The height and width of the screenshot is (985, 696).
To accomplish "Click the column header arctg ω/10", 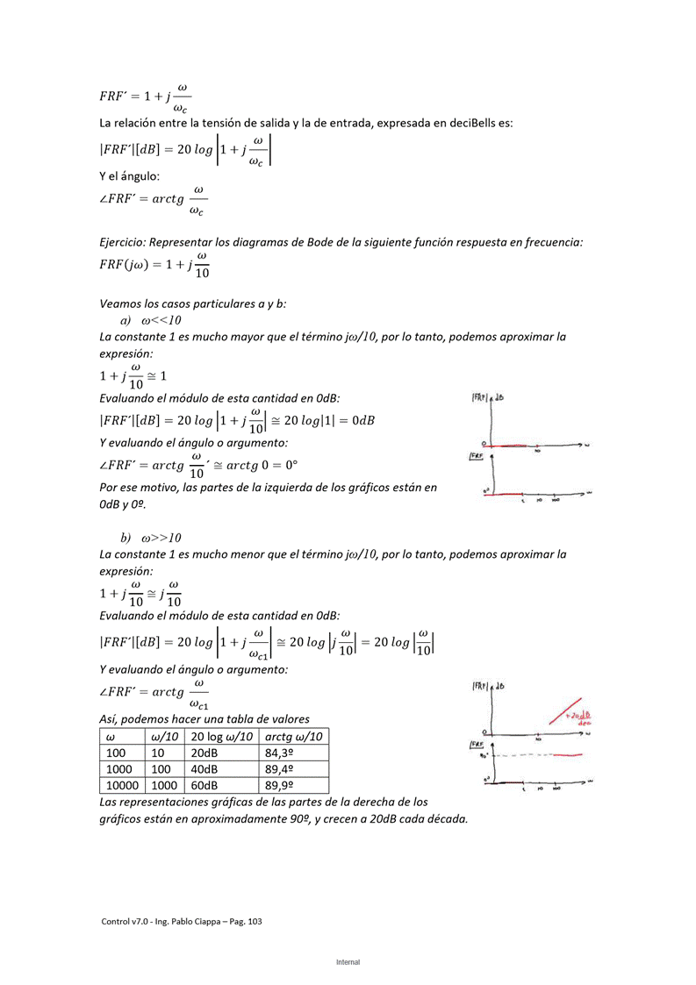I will [x=293, y=737].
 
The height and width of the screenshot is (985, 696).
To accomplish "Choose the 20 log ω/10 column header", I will [x=221, y=737].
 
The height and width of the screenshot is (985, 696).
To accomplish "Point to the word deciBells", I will [x=474, y=124].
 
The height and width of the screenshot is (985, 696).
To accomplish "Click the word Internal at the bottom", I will [x=348, y=962].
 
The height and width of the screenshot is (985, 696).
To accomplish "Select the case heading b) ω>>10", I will [x=151, y=538].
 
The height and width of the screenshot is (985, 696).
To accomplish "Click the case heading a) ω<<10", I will [x=151, y=320].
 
